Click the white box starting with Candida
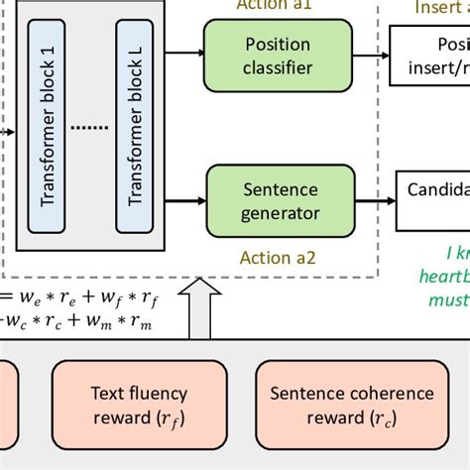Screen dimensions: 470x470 [x=433, y=198]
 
